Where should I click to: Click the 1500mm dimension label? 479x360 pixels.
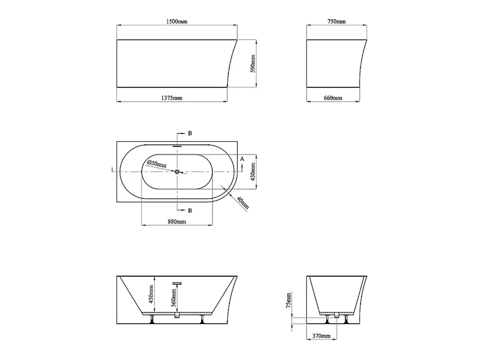pyautogui.click(x=177, y=22)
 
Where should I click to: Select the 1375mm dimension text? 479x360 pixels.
pyautogui.click(x=171, y=98)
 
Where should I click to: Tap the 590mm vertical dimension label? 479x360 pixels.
pyautogui.click(x=252, y=64)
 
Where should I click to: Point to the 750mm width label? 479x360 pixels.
pyautogui.click(x=336, y=22)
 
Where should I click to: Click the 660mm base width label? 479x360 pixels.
pyautogui.click(x=333, y=98)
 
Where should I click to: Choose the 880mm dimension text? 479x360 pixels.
pyautogui.click(x=177, y=221)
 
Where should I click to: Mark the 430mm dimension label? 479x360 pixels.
pyautogui.click(x=252, y=172)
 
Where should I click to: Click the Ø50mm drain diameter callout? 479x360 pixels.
pyautogui.click(x=157, y=163)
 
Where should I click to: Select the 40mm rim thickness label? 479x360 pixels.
pyautogui.click(x=243, y=203)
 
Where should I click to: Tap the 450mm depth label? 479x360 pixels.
pyautogui.click(x=151, y=294)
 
